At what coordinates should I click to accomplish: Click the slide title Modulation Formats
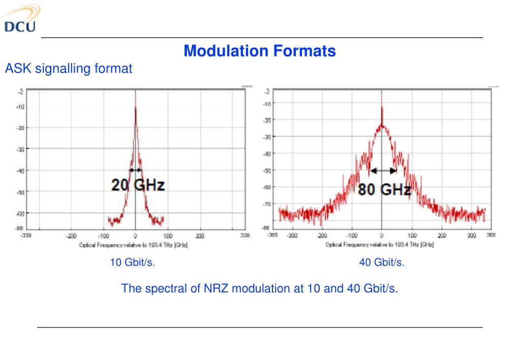tap(260, 51)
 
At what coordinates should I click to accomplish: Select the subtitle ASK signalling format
tap(69, 68)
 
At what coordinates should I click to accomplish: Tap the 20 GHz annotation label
tap(138, 185)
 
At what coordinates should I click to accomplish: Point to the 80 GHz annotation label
tap(384, 190)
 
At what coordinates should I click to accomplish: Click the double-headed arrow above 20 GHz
tap(135, 170)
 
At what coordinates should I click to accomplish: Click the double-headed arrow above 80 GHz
tap(383, 171)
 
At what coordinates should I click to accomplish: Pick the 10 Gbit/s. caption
tap(132, 263)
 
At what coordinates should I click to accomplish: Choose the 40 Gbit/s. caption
tap(382, 263)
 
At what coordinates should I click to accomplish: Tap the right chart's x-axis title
tap(380, 245)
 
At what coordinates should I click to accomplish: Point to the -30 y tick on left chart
tap(21, 148)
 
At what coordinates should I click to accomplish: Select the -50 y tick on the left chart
tap(21, 191)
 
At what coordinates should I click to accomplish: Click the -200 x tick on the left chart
tap(71, 236)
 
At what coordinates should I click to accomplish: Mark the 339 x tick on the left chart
tap(246, 236)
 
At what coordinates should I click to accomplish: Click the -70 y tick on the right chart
tap(267, 204)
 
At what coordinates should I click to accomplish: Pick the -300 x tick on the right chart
tap(292, 236)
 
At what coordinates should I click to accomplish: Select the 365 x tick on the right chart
tap(491, 236)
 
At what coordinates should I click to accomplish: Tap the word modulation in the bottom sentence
tap(260, 288)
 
